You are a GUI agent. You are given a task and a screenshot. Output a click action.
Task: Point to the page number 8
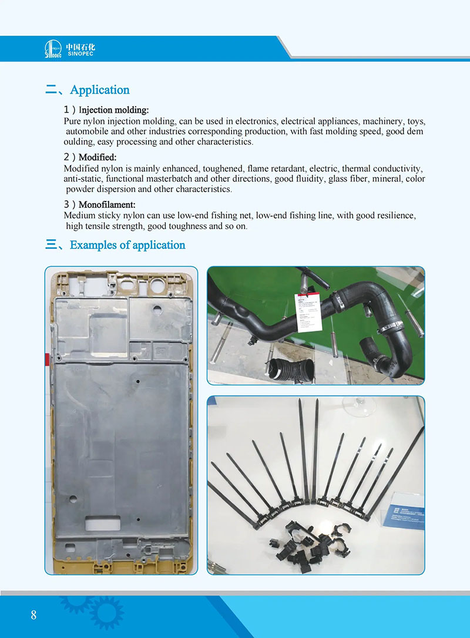point(33,615)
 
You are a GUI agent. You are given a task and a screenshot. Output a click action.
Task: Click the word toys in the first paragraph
point(416,120)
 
